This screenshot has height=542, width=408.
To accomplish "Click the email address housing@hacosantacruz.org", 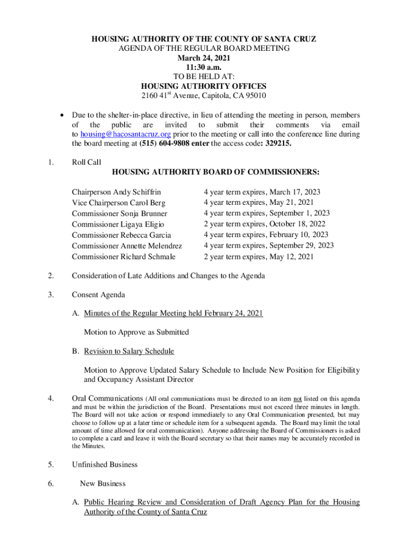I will [x=126, y=134].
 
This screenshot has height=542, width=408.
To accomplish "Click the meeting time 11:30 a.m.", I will [x=203, y=67].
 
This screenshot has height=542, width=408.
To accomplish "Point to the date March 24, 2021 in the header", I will [x=203, y=58].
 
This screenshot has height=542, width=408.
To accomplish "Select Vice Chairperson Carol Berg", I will [x=119, y=203].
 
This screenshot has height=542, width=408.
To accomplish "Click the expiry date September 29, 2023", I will [x=301, y=246].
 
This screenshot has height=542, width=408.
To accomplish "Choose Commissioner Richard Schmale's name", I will [x=123, y=257].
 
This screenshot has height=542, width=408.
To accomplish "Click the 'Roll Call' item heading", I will [x=86, y=162].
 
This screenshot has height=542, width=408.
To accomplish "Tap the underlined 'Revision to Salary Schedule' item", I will [x=129, y=351].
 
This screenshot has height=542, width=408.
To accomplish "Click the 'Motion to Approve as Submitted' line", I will [x=136, y=332].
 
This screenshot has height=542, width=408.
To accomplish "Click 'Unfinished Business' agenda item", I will [x=104, y=465].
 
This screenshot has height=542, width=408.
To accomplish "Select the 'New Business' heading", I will [x=103, y=483].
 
